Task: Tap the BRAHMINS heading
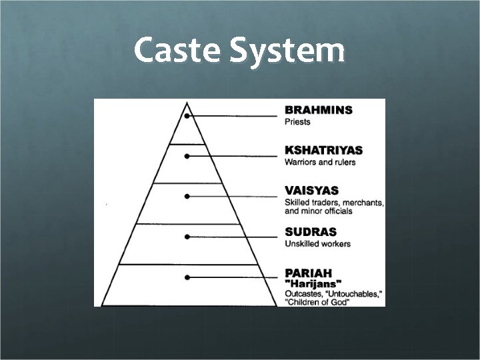(x=319, y=110)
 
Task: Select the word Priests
(x=297, y=122)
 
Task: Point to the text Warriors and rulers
(x=320, y=162)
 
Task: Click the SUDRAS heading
(x=310, y=231)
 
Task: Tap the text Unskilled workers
(x=317, y=243)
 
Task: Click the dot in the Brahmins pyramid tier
(x=189, y=116)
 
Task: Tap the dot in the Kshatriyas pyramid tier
(x=188, y=156)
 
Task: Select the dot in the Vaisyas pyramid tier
(x=188, y=197)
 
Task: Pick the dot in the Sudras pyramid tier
(x=188, y=237)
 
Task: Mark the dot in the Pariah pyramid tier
(x=188, y=277)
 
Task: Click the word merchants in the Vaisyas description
(x=361, y=202)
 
